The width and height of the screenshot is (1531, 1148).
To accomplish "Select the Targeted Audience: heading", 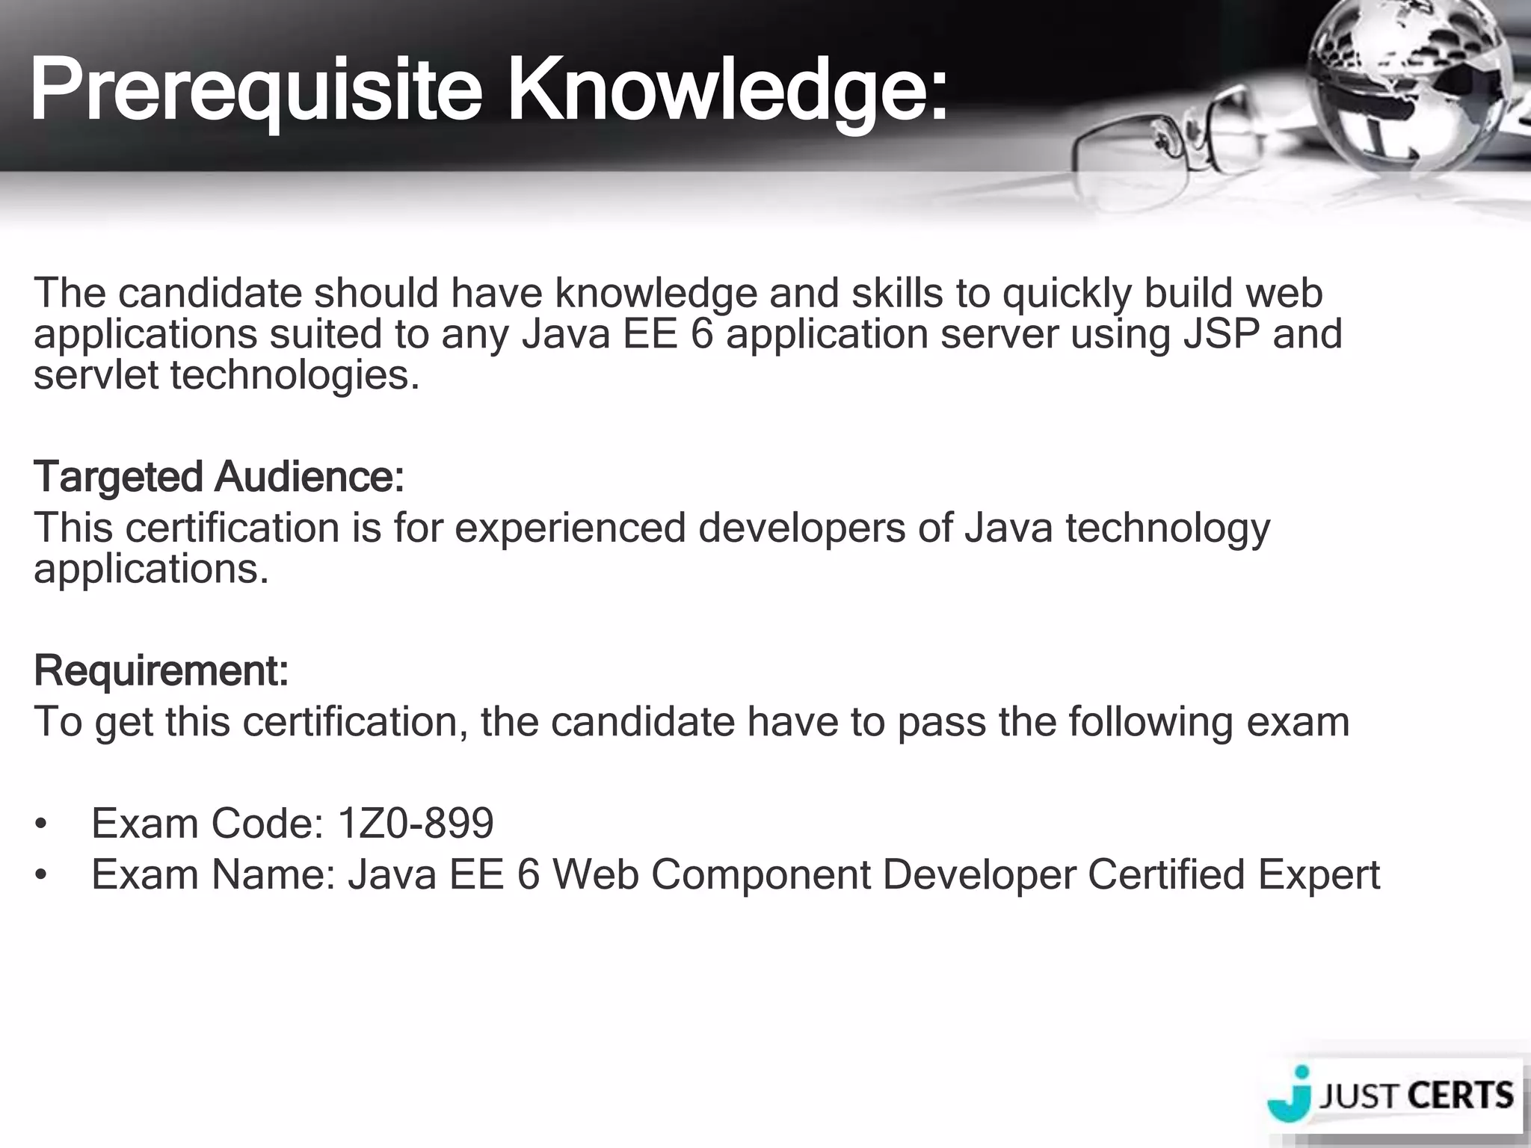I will [218, 477].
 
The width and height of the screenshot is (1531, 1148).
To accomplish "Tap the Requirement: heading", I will [161, 670].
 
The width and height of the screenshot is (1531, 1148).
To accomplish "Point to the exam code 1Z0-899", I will [416, 823].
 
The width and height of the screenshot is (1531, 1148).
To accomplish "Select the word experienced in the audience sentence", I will [570, 528].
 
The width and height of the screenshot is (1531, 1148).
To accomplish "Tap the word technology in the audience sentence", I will [1168, 528].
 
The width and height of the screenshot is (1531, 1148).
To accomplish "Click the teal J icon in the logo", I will [1292, 1097].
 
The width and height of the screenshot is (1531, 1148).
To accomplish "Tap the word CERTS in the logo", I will [1460, 1096].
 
